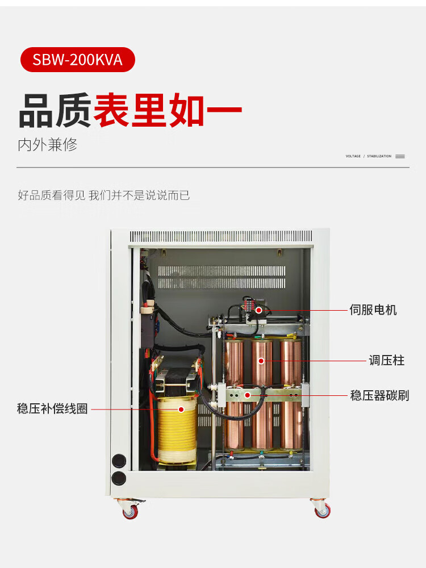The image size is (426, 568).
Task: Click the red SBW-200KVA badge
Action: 78,60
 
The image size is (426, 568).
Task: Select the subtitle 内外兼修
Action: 47,144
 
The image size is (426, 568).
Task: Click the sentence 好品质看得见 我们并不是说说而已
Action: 103,195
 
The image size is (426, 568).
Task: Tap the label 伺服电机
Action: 373,310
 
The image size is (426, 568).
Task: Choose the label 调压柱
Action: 387,361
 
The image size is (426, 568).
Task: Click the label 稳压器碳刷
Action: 379,395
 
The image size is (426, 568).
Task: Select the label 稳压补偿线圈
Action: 52,409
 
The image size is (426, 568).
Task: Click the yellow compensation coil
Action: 177,429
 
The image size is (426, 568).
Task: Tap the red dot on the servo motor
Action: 259,310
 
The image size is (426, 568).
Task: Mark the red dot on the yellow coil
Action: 181,409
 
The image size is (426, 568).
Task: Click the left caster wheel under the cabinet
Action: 130,511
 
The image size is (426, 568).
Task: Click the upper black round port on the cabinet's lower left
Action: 119,461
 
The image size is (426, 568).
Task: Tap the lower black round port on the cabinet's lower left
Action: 119,478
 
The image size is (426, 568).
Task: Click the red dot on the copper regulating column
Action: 262,361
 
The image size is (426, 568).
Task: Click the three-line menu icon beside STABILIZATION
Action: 400,156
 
